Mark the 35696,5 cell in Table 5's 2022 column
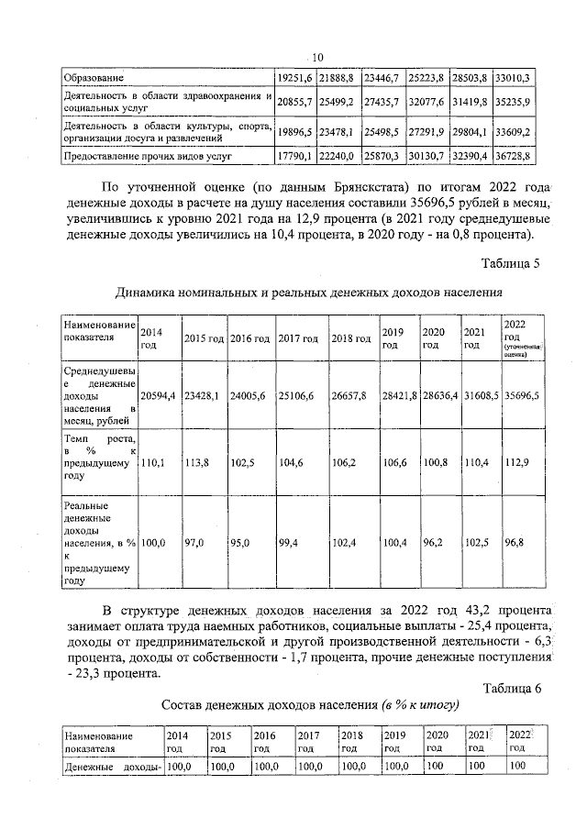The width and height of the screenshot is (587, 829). pos(522,394)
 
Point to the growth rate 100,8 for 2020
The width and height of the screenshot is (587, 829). pos(435,465)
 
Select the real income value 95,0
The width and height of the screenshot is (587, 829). pos(240,544)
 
